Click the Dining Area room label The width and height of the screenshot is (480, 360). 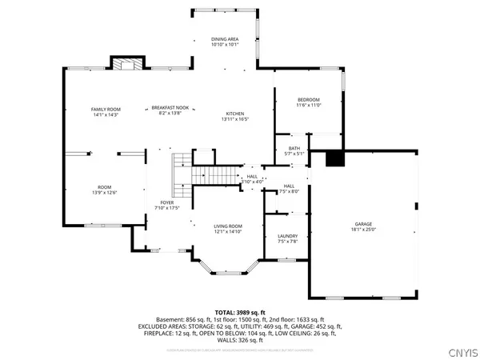tap(224, 38)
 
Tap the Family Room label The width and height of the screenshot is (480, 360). tap(105, 108)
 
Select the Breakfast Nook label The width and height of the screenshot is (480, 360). tap(171, 108)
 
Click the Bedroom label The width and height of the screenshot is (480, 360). tap(308, 100)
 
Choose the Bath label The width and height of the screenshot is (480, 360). tap(295, 149)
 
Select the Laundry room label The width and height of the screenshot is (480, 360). tap(288, 236)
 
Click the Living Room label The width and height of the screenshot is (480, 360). tap(228, 226)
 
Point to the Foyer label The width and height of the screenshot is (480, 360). tap(166, 202)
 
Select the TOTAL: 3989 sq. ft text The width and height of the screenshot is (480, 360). tap(239, 311)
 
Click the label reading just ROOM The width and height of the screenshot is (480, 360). tap(105, 187)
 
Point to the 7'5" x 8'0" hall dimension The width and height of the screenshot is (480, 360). tap(289, 191)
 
